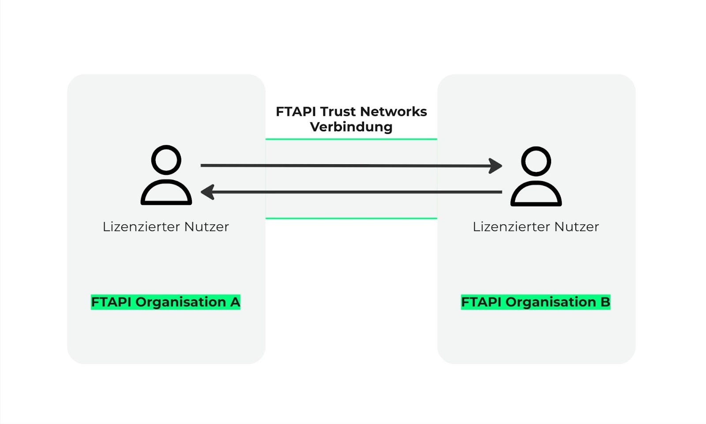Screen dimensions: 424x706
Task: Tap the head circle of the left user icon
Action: pyautogui.click(x=166, y=160)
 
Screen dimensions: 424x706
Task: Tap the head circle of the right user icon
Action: pyautogui.click(x=536, y=161)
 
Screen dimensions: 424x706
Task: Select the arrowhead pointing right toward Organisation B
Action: pyautogui.click(x=496, y=166)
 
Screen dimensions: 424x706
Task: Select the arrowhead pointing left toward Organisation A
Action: pyautogui.click(x=207, y=192)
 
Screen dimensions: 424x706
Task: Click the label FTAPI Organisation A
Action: pyautogui.click(x=165, y=302)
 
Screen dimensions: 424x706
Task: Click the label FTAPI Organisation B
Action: pyautogui.click(x=535, y=302)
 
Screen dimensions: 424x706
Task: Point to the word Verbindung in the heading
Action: pyautogui.click(x=351, y=127)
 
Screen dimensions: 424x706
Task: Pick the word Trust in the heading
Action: pyautogui.click(x=338, y=112)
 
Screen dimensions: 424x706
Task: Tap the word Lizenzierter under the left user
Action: pyautogui.click(x=141, y=227)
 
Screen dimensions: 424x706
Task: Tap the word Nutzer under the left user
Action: pyautogui.click(x=207, y=227)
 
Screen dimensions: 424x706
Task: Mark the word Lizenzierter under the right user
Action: pyautogui.click(x=511, y=227)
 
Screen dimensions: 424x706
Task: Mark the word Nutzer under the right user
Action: pyautogui.click(x=577, y=227)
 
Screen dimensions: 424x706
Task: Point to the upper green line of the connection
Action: pyautogui.click(x=351, y=139)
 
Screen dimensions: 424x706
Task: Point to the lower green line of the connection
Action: pyautogui.click(x=351, y=218)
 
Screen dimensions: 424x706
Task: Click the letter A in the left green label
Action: pyautogui.click(x=235, y=302)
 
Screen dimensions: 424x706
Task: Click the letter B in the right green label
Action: pyautogui.click(x=605, y=302)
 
